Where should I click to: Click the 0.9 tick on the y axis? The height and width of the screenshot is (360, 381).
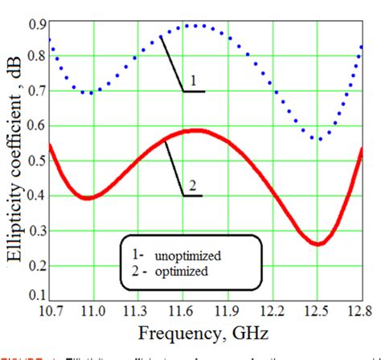[36, 24]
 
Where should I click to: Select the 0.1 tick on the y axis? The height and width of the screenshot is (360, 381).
[36, 295]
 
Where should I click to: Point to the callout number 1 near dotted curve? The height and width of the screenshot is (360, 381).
[192, 81]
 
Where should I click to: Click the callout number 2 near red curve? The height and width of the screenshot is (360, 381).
[192, 185]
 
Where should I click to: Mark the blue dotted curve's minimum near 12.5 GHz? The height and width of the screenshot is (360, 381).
[320, 139]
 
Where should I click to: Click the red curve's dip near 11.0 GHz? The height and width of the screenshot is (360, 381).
[90, 198]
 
